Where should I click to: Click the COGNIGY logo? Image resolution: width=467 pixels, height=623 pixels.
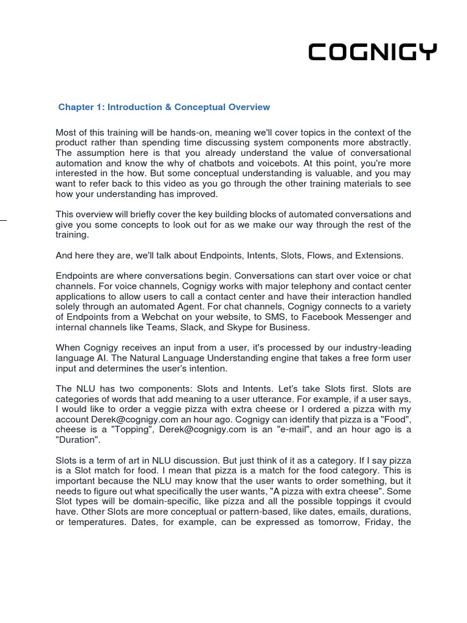[372, 53]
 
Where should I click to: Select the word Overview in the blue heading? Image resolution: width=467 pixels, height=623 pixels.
[249, 107]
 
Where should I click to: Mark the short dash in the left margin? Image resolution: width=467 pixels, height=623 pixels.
[3, 220]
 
